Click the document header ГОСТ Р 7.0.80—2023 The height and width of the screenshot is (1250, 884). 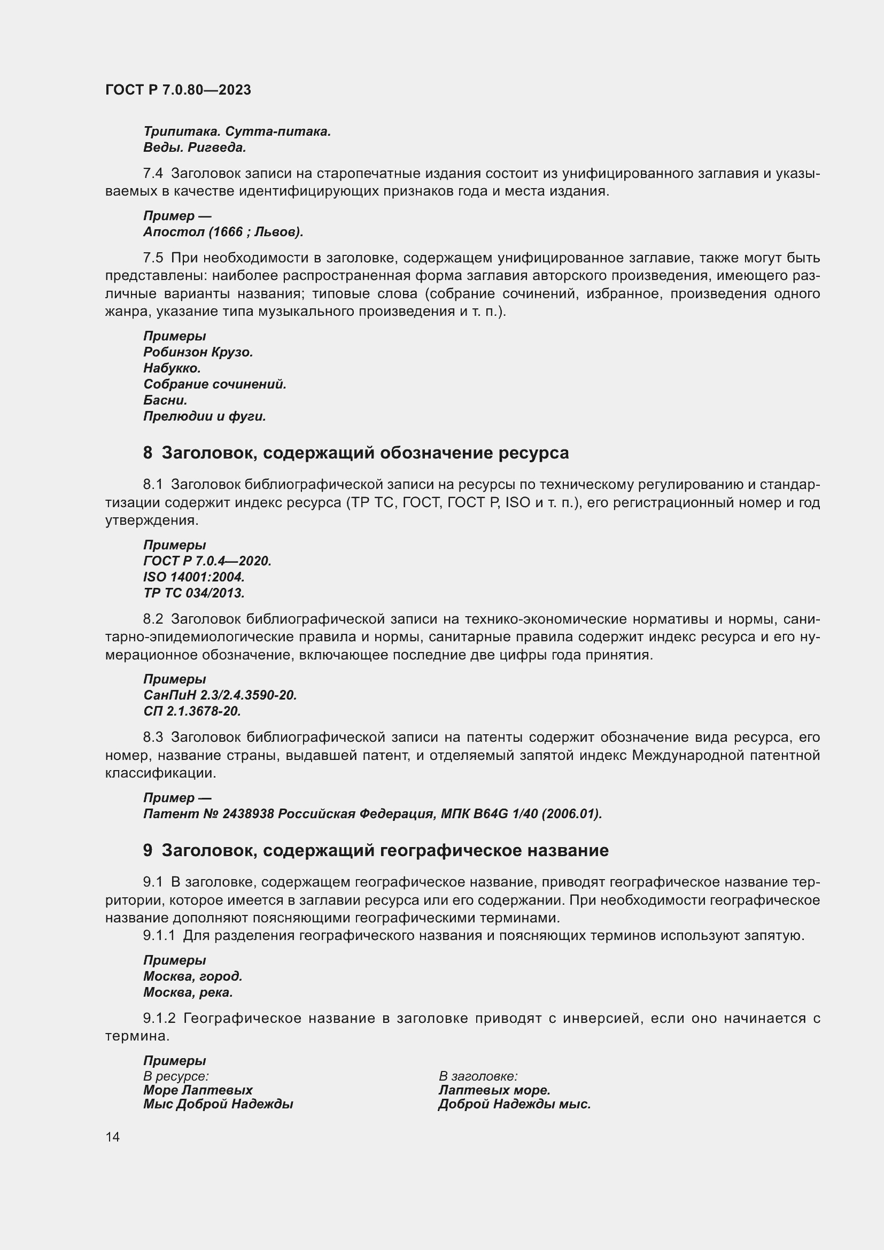[178, 90]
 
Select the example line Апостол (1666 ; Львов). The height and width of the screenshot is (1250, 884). [223, 232]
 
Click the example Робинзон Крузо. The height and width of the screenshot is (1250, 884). [198, 352]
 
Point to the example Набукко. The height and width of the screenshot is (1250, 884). [172, 369]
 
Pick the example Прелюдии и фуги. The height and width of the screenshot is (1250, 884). [205, 416]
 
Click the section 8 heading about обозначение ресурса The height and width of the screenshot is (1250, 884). [356, 453]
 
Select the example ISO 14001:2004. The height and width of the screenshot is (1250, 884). [194, 577]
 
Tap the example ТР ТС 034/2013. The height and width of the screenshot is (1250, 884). [194, 593]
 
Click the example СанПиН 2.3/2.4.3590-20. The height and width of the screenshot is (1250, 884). [220, 695]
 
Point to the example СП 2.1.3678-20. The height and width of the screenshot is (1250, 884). [192, 711]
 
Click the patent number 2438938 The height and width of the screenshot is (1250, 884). [249, 814]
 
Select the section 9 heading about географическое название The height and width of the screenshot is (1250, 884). [376, 850]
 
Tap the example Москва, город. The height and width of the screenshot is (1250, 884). [193, 976]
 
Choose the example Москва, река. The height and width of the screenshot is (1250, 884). [188, 992]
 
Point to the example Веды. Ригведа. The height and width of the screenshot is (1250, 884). [195, 147]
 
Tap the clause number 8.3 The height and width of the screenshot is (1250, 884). [153, 737]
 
